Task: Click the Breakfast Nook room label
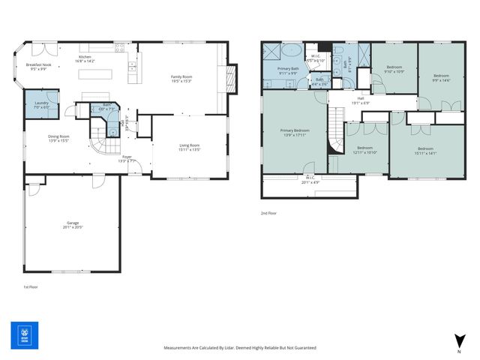pos(38,65)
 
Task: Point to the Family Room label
pos(181,76)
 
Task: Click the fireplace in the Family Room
pos(231,76)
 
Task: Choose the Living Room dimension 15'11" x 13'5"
pos(189,150)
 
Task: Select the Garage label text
pos(72,223)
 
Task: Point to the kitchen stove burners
pos(118,50)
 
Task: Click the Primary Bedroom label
pos(295,131)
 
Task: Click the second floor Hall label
pos(360,98)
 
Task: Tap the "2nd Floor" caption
pos(268,214)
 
